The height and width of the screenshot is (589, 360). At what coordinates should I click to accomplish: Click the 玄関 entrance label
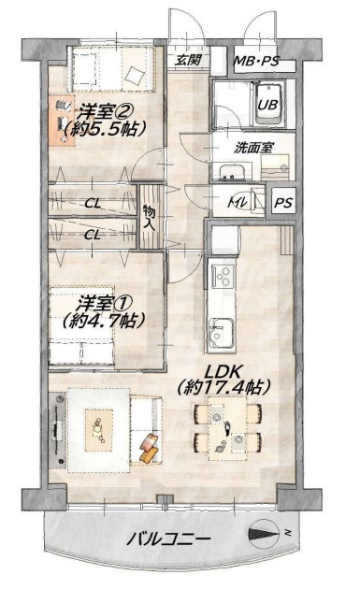(188, 59)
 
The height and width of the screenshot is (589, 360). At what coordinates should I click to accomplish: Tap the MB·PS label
(256, 61)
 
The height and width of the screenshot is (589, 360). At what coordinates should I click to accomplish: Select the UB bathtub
(269, 104)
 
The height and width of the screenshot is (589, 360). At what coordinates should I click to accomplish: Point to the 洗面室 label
(252, 148)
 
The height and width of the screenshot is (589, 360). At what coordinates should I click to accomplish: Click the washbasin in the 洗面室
(232, 172)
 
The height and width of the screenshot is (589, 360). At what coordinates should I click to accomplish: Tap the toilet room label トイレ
(238, 203)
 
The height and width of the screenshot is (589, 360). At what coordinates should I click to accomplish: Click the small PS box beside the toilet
(283, 203)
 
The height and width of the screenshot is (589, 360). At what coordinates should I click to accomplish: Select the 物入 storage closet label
(150, 218)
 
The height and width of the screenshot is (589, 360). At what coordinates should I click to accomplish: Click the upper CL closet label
(93, 204)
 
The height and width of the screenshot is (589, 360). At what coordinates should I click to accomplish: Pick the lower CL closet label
(93, 236)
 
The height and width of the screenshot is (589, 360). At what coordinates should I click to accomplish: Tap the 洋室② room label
(105, 111)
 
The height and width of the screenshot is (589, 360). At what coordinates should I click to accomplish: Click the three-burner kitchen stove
(223, 277)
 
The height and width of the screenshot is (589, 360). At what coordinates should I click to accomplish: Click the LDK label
(222, 371)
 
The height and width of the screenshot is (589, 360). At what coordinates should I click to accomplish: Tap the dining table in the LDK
(228, 428)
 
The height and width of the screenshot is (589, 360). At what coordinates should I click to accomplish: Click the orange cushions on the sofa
(150, 448)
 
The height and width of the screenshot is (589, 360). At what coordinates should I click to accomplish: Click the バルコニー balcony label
(168, 539)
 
